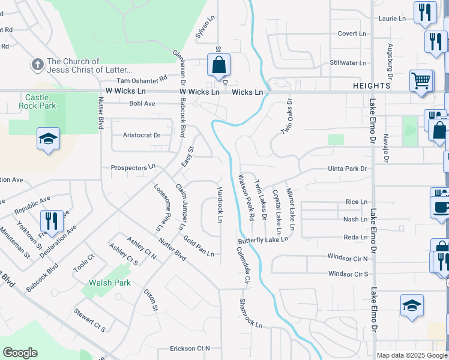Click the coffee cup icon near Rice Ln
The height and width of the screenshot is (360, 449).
click(441, 207)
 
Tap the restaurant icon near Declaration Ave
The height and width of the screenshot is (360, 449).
click(52, 221)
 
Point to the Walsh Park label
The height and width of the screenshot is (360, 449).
click(110, 283)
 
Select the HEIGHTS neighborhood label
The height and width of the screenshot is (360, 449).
click(372, 86)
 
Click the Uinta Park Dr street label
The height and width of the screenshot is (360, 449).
click(347, 169)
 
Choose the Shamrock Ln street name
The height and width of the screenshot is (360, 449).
click(251, 313)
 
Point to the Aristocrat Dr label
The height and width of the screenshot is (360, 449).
click(142, 135)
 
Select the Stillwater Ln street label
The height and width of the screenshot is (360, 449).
click(348, 62)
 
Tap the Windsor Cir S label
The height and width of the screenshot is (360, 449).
click(348, 274)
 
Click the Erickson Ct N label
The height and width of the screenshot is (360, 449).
click(190, 348)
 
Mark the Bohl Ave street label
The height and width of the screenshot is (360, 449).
click(142, 103)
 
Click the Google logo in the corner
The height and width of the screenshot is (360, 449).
click(20, 353)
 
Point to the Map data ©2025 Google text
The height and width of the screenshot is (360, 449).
click(411, 355)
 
